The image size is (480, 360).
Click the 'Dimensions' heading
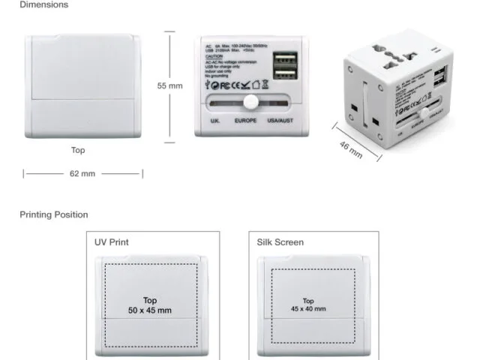coord(43,4)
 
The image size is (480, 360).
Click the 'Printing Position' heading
coord(53,214)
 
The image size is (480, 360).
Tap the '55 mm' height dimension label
coord(169,85)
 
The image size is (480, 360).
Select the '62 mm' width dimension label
coord(82,174)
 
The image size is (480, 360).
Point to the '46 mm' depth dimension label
coord(351,149)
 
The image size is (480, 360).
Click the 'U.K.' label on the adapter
coord(215,120)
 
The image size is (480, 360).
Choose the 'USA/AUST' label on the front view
coord(283,120)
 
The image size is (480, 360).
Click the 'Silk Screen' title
coord(278,242)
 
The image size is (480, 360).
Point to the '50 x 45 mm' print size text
coord(150,310)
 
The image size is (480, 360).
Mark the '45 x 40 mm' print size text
coord(309,309)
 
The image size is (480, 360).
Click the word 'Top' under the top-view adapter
coord(78,150)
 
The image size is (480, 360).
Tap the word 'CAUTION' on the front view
coord(213,55)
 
